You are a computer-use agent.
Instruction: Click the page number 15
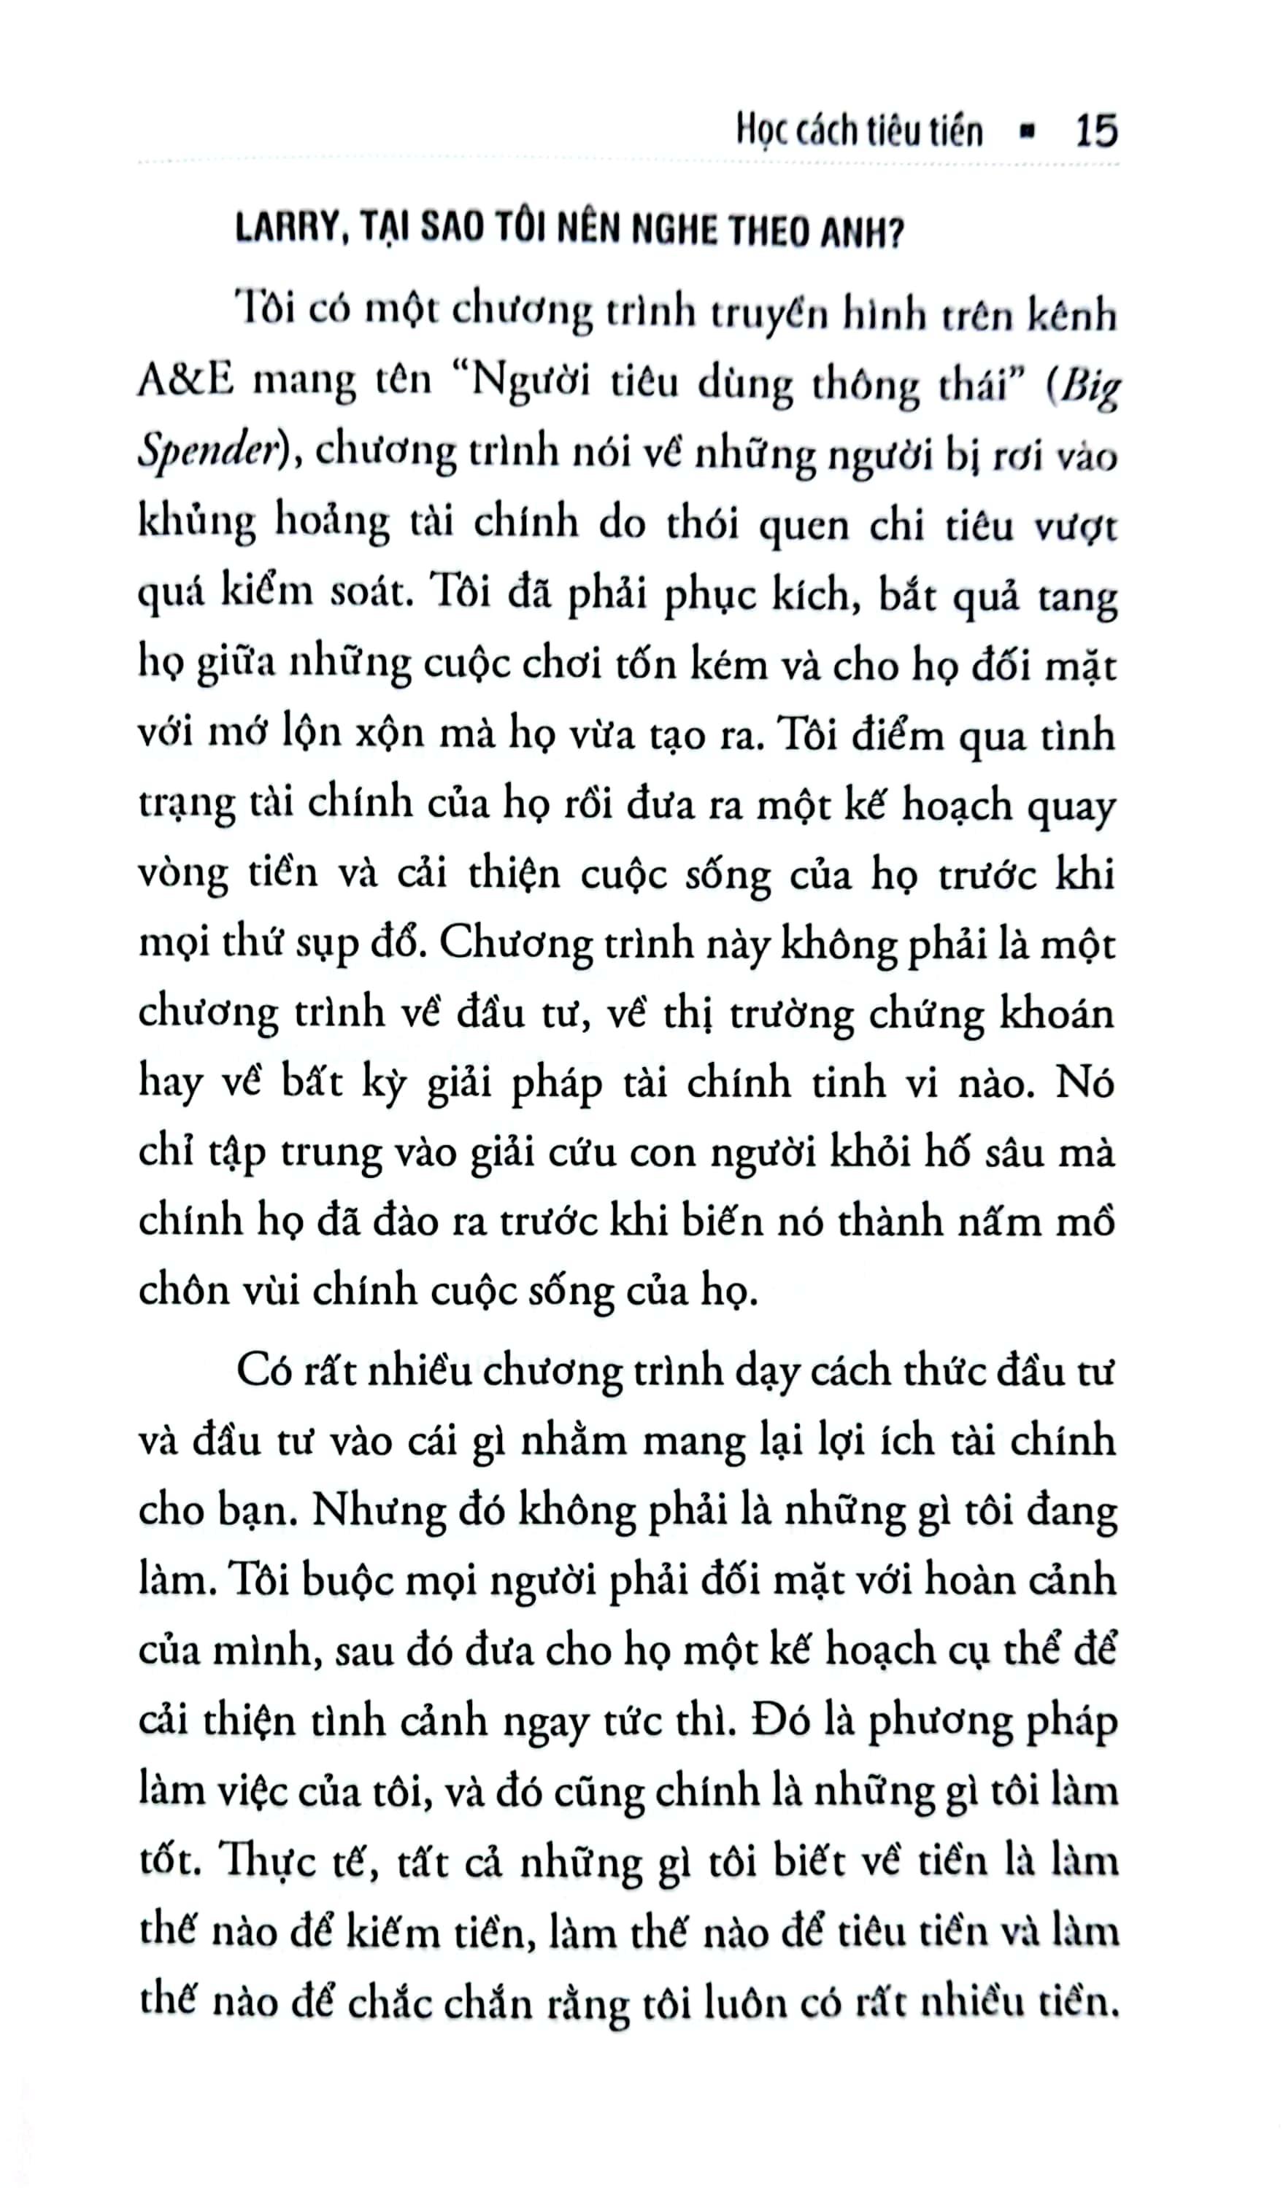click(x=1095, y=131)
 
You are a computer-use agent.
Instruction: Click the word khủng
click(x=196, y=524)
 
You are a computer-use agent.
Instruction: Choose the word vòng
click(x=182, y=874)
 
